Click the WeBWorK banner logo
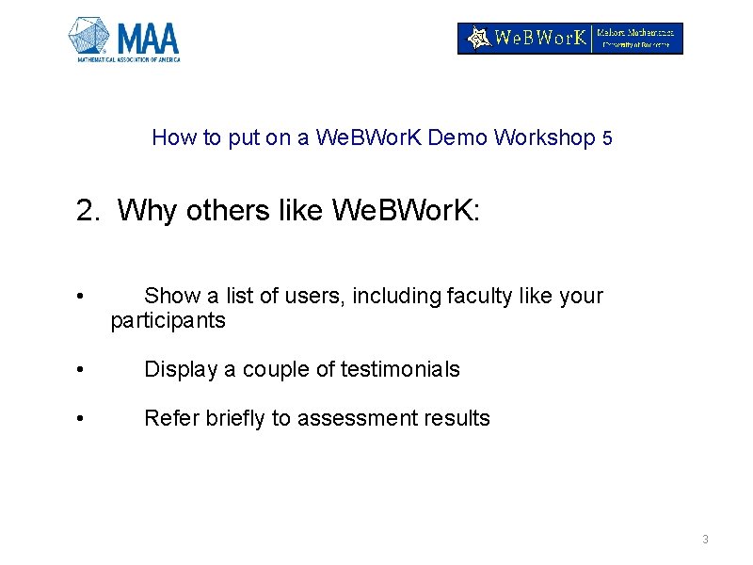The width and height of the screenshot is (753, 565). point(569,39)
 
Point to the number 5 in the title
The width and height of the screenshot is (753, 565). point(607,138)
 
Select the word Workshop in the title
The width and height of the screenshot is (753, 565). point(544,137)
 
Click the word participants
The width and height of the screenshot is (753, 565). point(168,320)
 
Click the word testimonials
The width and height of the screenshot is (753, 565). point(400,369)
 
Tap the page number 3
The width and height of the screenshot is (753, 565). point(705,540)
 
